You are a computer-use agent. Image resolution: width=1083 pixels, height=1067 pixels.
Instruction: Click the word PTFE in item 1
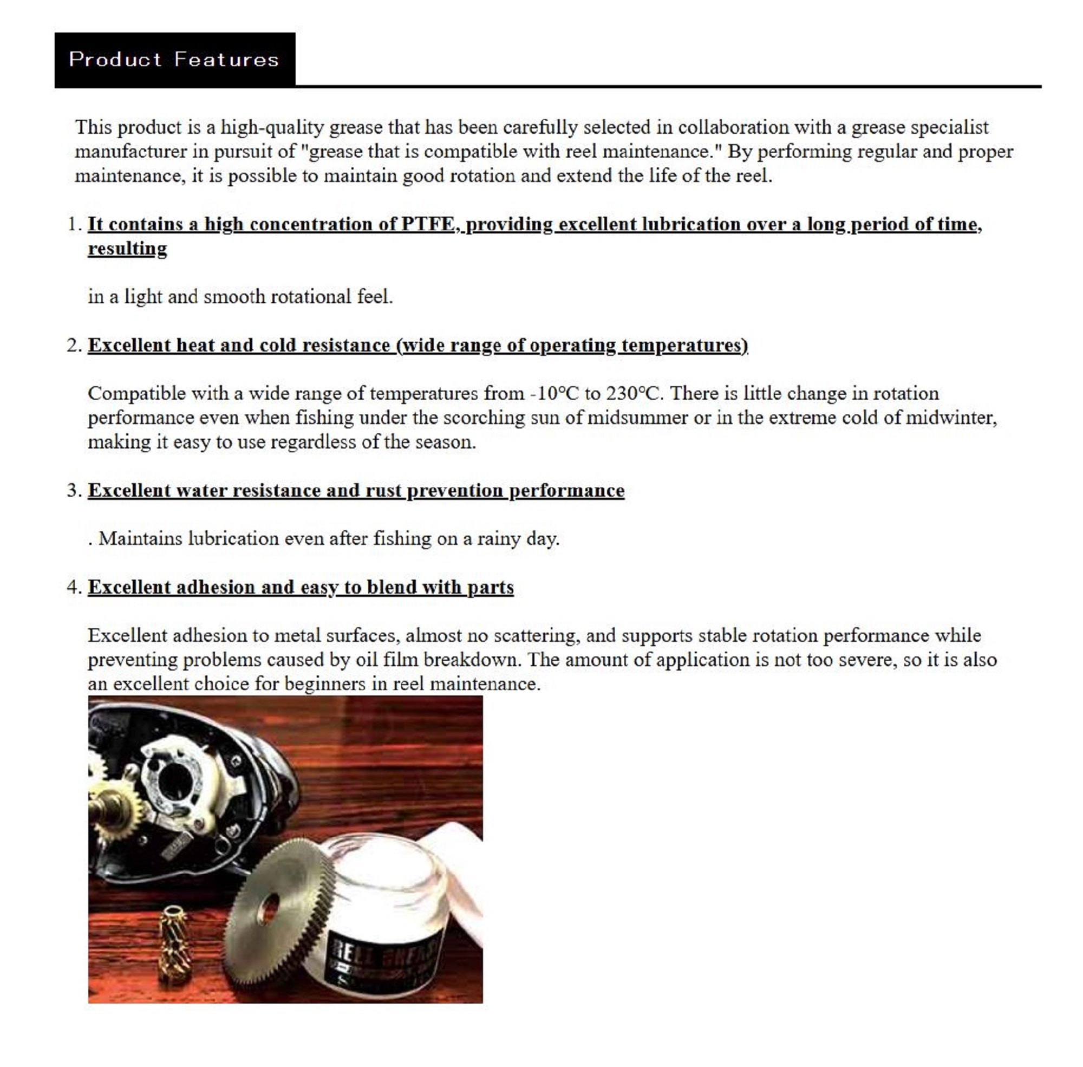pyautogui.click(x=427, y=224)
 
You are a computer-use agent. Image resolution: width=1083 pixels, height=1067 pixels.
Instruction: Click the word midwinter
pyautogui.click(x=950, y=418)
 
